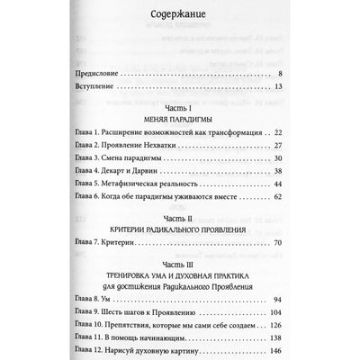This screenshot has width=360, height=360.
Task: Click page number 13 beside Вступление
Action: (x=280, y=86)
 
